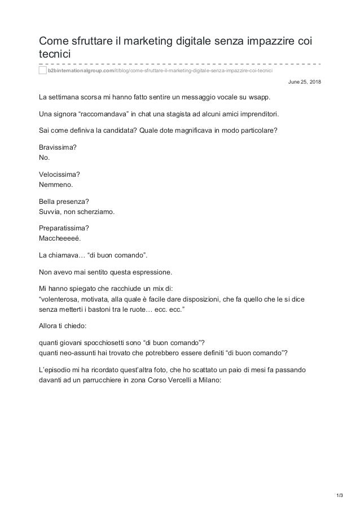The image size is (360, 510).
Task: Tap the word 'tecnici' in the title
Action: (x=55, y=54)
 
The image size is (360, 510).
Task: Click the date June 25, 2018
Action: (x=304, y=82)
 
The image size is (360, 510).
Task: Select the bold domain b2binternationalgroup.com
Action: (x=80, y=71)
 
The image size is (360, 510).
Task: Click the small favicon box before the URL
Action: (x=43, y=71)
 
